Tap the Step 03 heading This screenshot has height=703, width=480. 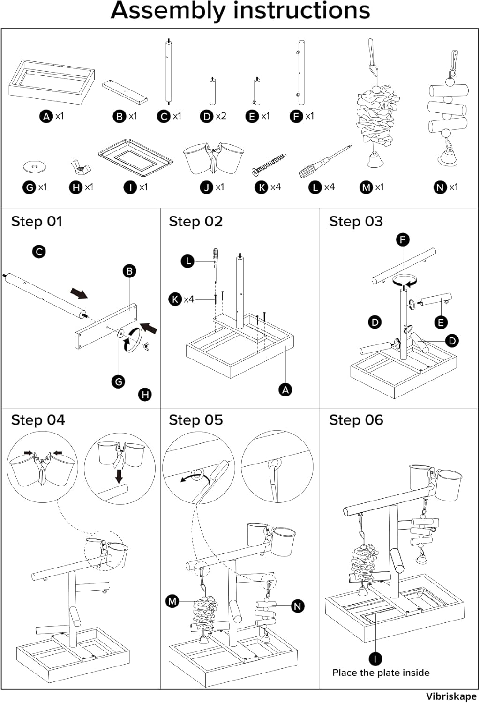[x=356, y=222]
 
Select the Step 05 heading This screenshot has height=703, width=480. [x=196, y=420]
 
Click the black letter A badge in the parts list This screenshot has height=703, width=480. [x=46, y=116]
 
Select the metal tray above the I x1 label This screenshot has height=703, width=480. [x=135, y=157]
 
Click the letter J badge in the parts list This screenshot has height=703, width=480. [x=207, y=187]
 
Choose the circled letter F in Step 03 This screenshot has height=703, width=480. [x=403, y=240]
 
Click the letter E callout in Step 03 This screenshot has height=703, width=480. [x=441, y=322]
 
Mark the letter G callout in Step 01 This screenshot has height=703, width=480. [x=119, y=381]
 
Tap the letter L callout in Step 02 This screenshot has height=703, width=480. [x=188, y=261]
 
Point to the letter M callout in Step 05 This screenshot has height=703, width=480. [x=172, y=601]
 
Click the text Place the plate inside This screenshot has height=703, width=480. [x=381, y=673]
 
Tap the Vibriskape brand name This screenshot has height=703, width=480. [x=451, y=696]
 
